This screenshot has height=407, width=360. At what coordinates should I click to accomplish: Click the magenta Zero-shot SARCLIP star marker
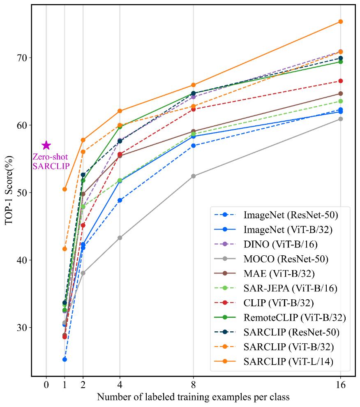pos(46,145)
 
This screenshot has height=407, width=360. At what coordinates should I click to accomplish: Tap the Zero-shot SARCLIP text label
pos(50,161)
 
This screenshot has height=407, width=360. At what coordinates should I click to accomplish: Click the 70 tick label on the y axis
pos(22,58)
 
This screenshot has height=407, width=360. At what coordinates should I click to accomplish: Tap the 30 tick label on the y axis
pos(22,328)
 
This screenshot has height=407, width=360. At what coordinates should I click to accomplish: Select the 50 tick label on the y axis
pos(22,193)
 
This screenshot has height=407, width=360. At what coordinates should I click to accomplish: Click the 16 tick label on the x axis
pos(340,386)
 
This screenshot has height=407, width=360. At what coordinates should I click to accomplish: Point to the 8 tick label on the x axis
pos(194,386)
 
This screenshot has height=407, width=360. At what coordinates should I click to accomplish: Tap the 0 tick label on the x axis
pos(46,386)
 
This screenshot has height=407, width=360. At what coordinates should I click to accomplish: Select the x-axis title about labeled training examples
pos(193,398)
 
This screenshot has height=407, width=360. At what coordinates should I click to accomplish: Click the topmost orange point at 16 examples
pos(340,21)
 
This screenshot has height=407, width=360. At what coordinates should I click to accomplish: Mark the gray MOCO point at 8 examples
pos(194,176)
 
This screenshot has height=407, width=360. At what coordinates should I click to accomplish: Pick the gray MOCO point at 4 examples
pos(120,238)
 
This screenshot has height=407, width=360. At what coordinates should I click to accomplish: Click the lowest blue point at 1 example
pos(65,359)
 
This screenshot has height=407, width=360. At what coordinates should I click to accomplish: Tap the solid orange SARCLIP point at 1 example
pos(65,189)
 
